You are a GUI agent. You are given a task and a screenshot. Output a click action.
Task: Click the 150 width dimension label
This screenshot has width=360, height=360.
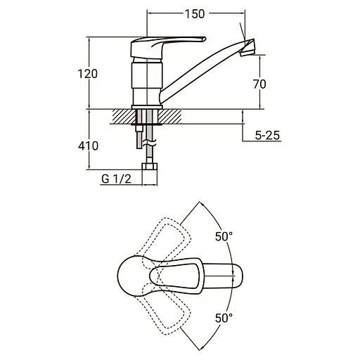[195, 14]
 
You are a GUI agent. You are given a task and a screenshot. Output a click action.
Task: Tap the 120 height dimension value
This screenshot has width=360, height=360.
[87, 74]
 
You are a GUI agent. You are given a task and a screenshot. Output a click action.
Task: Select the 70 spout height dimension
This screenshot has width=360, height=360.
[259, 84]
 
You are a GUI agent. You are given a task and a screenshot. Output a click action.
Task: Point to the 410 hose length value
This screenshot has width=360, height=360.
[88, 146]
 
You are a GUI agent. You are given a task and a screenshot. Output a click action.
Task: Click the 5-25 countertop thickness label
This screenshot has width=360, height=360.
[267, 135]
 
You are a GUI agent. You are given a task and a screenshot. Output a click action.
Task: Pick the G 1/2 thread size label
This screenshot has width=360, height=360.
[116, 179]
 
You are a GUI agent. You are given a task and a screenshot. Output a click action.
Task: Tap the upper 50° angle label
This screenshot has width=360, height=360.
[224, 236]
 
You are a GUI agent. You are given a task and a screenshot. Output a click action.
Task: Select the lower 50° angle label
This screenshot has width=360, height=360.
[224, 318]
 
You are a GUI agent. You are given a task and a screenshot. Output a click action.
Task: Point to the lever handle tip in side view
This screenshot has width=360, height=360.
[204, 39]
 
